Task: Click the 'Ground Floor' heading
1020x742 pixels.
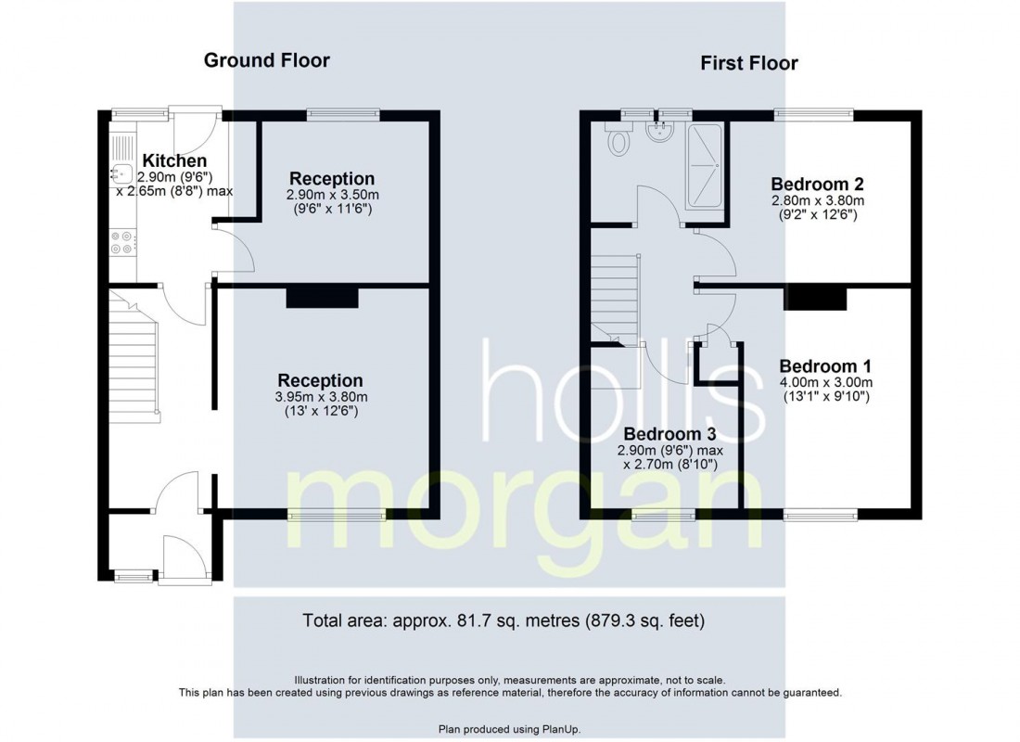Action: click(266, 61)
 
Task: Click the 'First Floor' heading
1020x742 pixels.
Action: click(748, 63)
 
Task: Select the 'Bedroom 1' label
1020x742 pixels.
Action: click(825, 365)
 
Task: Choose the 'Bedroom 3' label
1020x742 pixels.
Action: click(669, 434)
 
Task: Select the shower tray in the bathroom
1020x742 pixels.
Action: click(707, 164)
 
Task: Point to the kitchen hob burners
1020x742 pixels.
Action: click(122, 243)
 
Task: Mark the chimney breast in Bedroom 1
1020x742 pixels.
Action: click(817, 297)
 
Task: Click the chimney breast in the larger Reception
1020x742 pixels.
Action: click(322, 297)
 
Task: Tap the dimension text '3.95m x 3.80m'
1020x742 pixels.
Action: click(320, 397)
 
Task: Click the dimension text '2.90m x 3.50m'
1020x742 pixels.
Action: click(332, 195)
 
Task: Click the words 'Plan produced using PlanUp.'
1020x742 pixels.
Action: click(509, 729)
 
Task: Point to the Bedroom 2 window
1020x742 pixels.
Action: click(813, 114)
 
